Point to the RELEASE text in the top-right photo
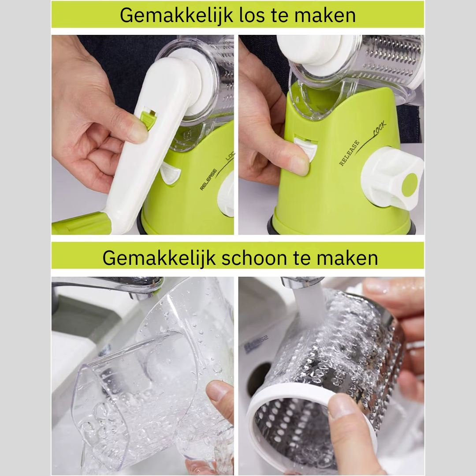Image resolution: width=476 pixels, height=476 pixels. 350,153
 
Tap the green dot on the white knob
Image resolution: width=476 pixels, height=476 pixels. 409,185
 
